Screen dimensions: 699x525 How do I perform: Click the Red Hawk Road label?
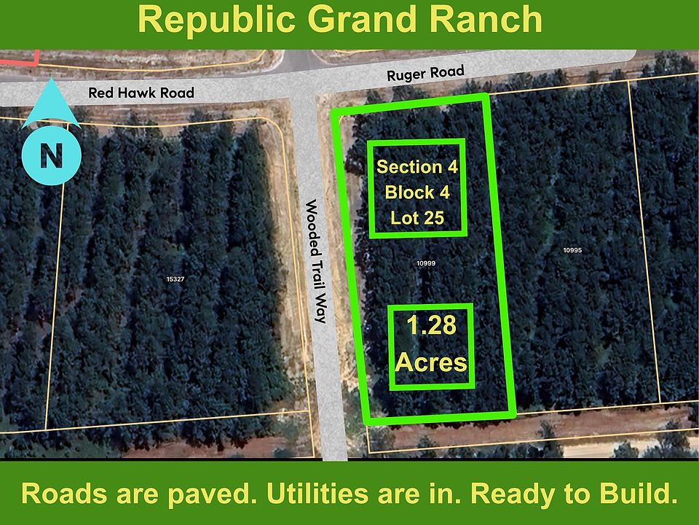(x=141, y=93)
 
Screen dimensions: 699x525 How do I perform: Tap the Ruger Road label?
(x=425, y=74)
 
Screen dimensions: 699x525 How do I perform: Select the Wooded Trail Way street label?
(x=316, y=261)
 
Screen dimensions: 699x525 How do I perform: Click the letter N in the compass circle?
(x=51, y=155)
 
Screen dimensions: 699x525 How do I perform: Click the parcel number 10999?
(x=426, y=263)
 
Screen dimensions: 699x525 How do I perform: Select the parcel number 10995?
(x=572, y=250)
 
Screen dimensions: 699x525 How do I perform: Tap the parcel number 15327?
(x=175, y=279)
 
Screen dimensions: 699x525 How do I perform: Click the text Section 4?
(x=417, y=167)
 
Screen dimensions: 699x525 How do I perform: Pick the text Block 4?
(x=417, y=192)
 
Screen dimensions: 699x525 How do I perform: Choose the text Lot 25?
(x=417, y=218)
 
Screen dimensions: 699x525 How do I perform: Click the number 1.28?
(x=432, y=325)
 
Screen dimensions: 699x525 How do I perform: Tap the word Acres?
(x=431, y=362)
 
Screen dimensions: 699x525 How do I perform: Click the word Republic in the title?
(x=217, y=20)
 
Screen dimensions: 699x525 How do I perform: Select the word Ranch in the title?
(x=486, y=19)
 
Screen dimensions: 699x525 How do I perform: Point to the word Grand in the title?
(x=363, y=19)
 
